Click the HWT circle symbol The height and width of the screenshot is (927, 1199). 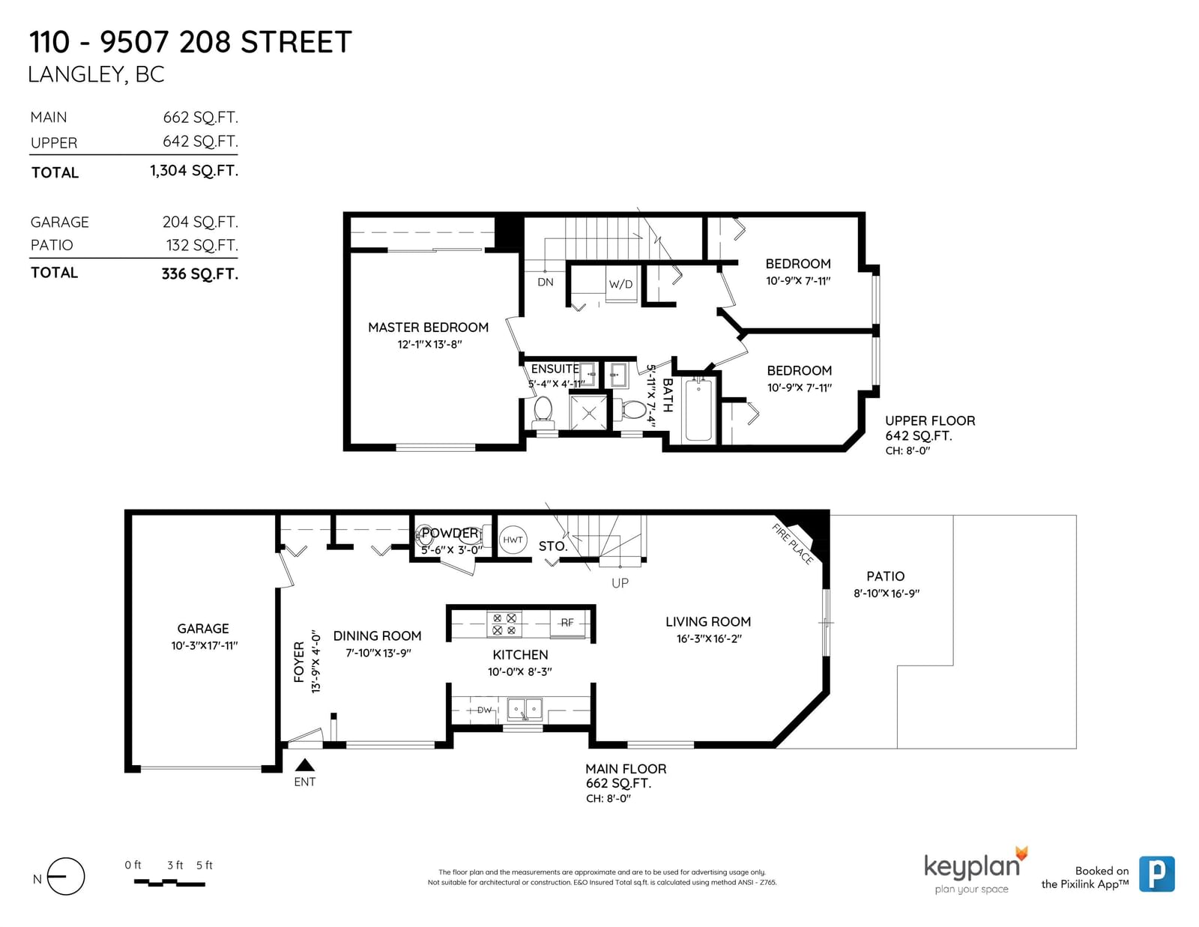point(513,540)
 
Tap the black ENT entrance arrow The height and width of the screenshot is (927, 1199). point(304,765)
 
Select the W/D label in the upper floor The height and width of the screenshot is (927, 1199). point(620,284)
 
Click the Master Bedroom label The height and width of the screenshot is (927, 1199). point(428,327)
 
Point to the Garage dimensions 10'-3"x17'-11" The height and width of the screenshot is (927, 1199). point(204,645)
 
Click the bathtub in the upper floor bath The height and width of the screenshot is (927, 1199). point(698,409)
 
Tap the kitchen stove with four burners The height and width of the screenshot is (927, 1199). point(504,624)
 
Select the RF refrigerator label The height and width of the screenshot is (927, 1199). point(567,623)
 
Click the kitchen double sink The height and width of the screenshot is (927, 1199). point(525,709)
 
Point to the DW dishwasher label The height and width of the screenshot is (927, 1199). point(484,710)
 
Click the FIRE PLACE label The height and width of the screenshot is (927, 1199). point(792,544)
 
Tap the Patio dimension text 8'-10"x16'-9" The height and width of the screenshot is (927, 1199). point(887,594)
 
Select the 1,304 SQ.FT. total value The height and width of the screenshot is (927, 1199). point(193,171)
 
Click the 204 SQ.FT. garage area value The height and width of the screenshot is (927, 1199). point(200,222)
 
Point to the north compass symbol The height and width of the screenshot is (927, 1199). point(66,876)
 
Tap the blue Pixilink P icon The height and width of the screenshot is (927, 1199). point(1157,874)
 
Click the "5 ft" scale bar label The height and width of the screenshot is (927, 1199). point(204,866)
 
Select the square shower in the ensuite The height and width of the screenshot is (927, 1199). point(588,413)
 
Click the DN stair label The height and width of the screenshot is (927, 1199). point(545,282)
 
